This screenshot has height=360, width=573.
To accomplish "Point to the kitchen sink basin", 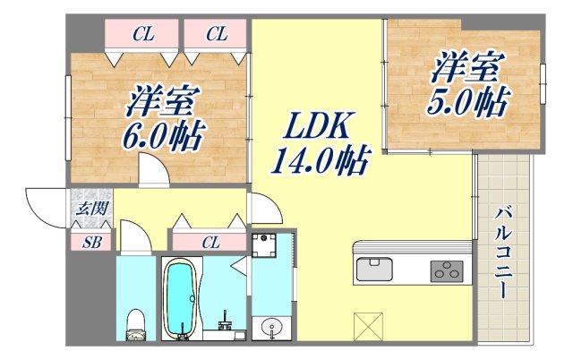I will pyautogui.click(x=373, y=268).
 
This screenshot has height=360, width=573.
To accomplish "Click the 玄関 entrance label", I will pyautogui.click(x=92, y=210).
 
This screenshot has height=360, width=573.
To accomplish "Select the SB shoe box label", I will pyautogui.click(x=91, y=240).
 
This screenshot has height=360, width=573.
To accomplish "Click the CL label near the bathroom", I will pyautogui.click(x=210, y=241).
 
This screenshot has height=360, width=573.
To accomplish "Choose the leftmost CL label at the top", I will pyautogui.click(x=141, y=35).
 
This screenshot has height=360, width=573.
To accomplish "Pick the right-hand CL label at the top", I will pyautogui.click(x=217, y=35).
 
